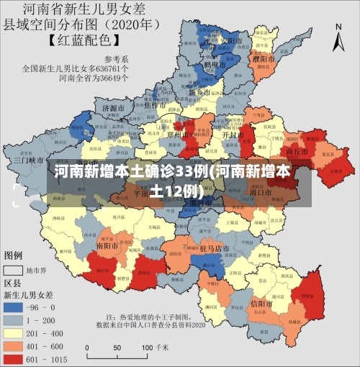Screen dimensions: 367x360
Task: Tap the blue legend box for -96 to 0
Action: pos(14,307)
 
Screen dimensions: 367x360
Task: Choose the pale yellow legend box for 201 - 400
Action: pos(14,331)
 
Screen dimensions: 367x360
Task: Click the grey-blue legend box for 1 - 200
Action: pos(14,319)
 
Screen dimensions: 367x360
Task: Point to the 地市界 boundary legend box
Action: pos(14,271)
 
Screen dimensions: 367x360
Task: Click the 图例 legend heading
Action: pos(14,255)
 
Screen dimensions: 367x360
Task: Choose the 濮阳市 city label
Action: pos(262,58)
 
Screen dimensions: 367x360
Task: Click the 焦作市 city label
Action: pos(156,105)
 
